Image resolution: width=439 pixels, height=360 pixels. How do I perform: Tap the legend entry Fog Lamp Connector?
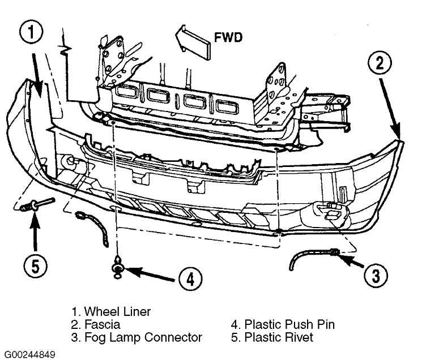[x=137, y=337]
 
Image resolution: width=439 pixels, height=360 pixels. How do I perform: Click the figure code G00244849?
[x=28, y=355]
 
